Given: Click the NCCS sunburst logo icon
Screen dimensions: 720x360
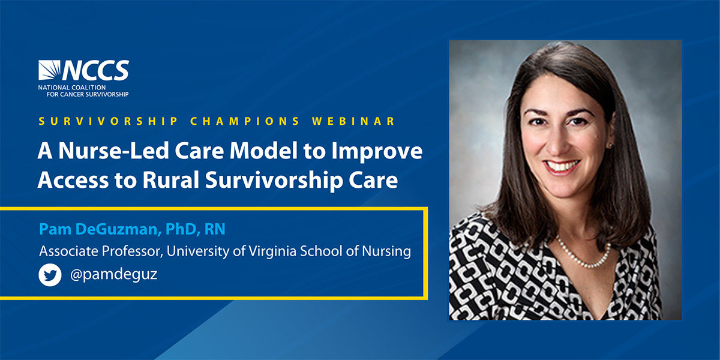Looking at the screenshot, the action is click(49, 70).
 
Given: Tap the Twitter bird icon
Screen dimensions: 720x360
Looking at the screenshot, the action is click(50, 275).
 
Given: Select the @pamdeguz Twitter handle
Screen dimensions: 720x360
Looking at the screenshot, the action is click(113, 275).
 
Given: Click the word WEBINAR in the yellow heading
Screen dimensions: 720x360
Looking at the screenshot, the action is click(353, 121).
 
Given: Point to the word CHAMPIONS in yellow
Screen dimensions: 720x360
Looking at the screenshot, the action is click(245, 121).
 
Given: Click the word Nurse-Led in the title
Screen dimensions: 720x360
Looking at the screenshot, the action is click(113, 151).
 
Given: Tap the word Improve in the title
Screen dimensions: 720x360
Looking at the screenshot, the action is click(377, 152).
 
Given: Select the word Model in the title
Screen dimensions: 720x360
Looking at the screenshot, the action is click(263, 151).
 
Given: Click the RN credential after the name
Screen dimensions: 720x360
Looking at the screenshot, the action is click(215, 229).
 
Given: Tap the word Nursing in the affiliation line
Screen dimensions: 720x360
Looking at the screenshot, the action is click(386, 251).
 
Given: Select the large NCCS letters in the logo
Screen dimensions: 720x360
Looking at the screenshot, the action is click(96, 70).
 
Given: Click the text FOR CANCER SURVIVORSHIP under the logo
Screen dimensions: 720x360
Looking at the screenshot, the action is click(88, 94).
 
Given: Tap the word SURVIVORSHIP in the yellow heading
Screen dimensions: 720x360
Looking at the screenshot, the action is click(109, 121).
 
